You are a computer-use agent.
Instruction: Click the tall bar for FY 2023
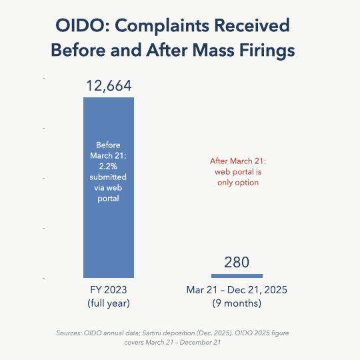pyautogui.click(x=108, y=227)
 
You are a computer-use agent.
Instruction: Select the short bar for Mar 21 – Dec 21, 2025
pyautogui.click(x=237, y=275)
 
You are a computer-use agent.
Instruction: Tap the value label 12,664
pyautogui.click(x=109, y=85)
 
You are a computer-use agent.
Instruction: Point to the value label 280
pyautogui.click(x=237, y=262)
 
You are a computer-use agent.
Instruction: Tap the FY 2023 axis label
pyautogui.click(x=108, y=291)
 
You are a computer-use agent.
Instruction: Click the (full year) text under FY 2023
pyautogui.click(x=108, y=304)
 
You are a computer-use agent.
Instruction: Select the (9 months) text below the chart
pyautogui.click(x=237, y=304)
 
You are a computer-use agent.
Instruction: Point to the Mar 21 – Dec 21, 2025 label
pyautogui.click(x=237, y=291)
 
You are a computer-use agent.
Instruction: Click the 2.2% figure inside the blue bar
pyautogui.click(x=108, y=166)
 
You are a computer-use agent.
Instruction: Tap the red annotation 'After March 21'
pyautogui.click(x=237, y=161)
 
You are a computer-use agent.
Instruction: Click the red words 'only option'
pyautogui.click(x=237, y=182)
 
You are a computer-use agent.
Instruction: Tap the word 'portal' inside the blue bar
pyautogui.click(x=108, y=198)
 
